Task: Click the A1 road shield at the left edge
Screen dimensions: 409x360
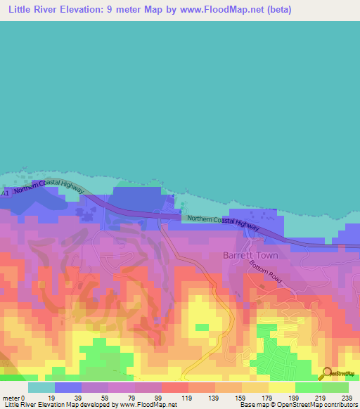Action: pos(4,192)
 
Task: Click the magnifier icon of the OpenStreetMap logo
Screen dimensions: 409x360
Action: pos(325,372)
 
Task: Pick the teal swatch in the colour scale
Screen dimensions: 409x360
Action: pos(41,387)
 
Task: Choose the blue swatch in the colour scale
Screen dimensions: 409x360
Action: pos(68,387)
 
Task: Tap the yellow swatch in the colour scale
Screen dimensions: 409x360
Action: pos(282,387)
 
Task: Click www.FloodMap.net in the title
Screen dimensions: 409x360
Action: pos(220,10)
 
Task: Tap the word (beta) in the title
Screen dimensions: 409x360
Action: pos(276,10)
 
